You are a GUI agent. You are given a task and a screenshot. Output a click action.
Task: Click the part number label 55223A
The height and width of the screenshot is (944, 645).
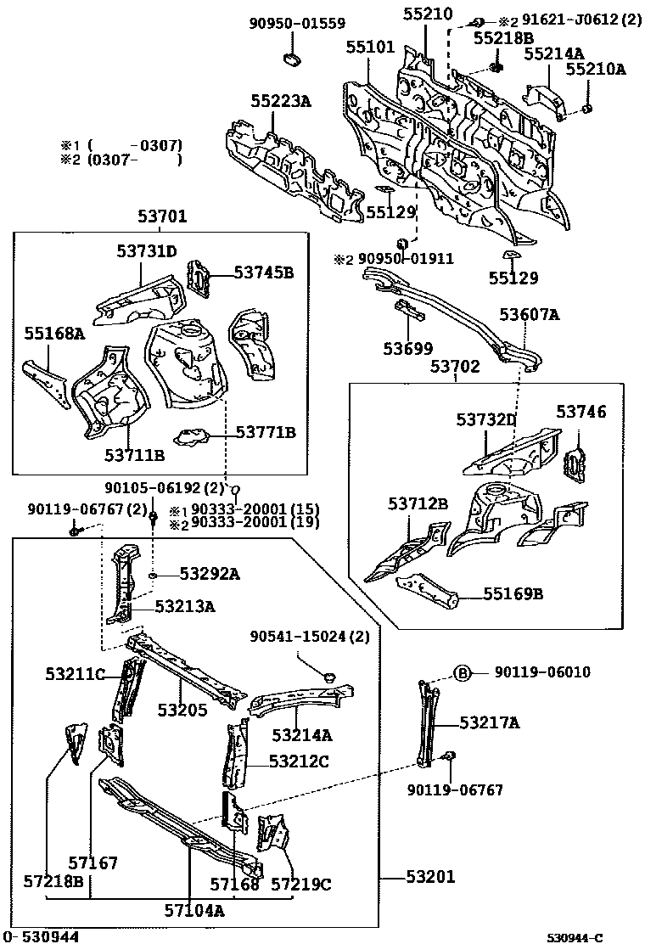click(x=280, y=102)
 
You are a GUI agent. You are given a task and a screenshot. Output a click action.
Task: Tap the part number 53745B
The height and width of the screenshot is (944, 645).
click(x=264, y=273)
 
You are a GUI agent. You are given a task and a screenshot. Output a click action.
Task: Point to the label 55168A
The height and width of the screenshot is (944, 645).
click(x=54, y=334)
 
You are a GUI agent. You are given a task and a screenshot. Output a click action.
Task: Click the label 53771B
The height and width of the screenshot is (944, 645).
click(x=266, y=433)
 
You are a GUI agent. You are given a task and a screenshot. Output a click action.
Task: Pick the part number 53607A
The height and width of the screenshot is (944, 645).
click(x=530, y=315)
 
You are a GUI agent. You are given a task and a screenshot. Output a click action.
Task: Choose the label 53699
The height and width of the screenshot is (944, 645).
click(x=407, y=348)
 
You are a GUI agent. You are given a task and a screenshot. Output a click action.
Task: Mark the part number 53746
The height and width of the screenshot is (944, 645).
click(x=581, y=412)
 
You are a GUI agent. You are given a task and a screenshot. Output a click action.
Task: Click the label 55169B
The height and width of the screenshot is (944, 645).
click(x=513, y=593)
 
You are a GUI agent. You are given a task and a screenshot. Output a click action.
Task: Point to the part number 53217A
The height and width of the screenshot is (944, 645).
click(x=490, y=722)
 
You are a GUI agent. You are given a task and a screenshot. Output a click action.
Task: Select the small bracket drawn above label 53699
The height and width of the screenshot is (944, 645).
click(x=411, y=312)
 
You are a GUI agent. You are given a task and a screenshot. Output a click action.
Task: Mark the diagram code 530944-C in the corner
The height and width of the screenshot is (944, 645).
click(x=574, y=937)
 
